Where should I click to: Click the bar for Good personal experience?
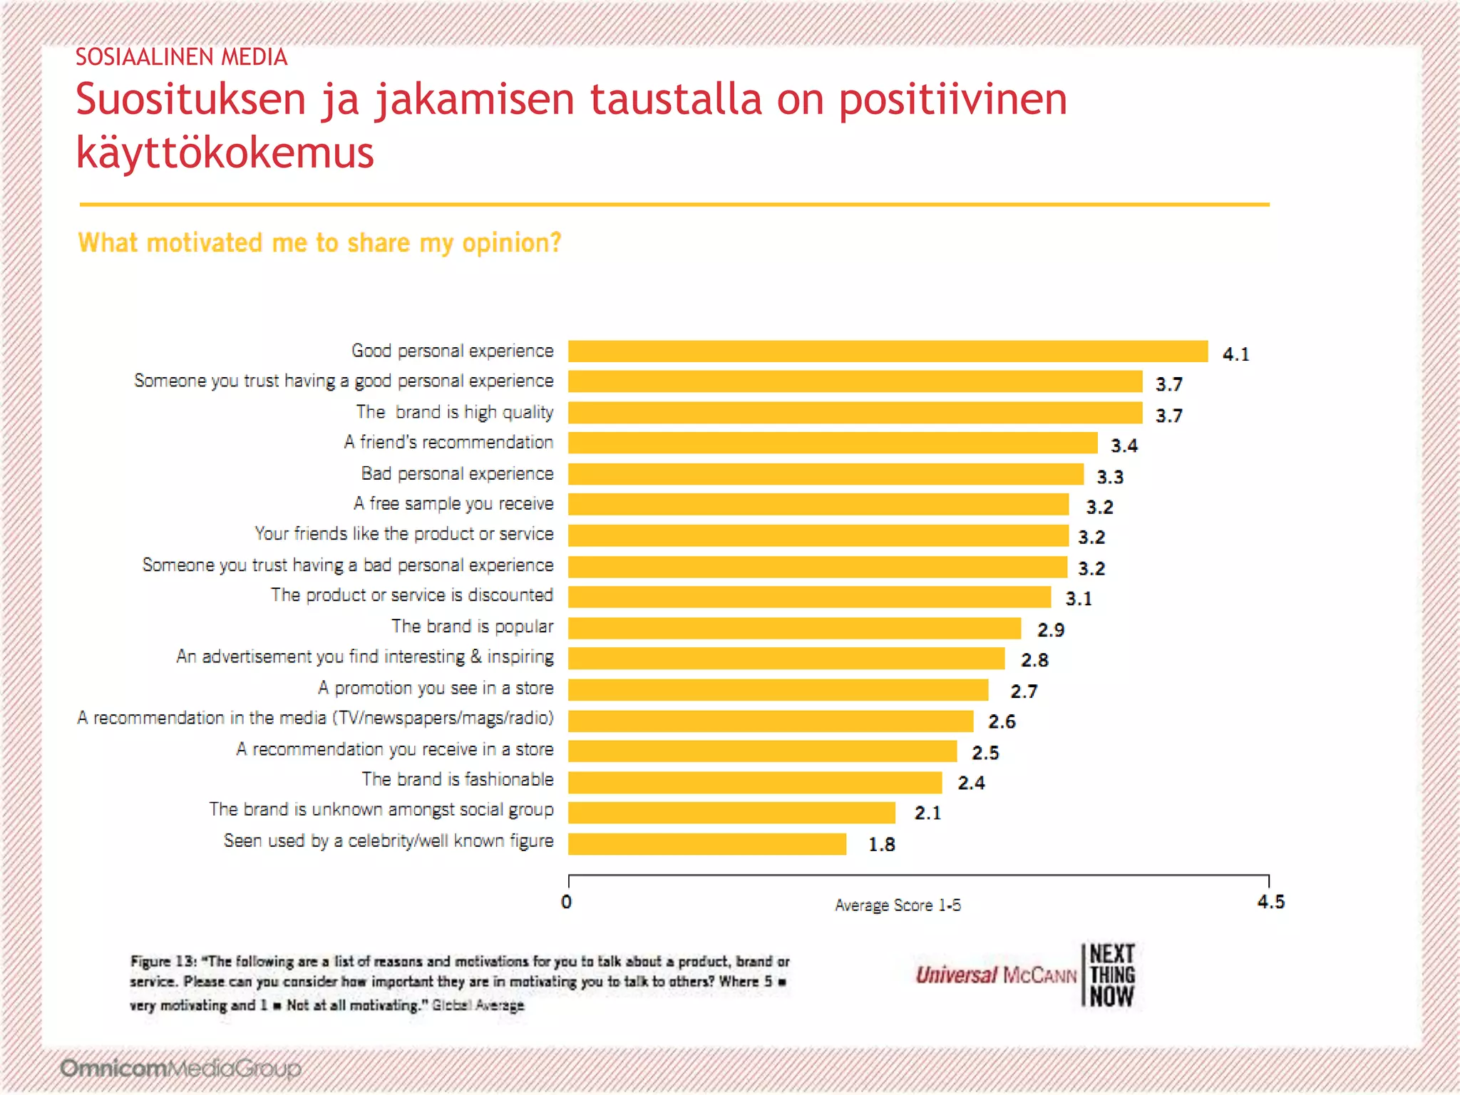click(x=888, y=351)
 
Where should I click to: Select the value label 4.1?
click(x=1235, y=354)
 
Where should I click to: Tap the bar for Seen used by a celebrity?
click(x=707, y=844)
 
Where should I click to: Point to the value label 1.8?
click(x=881, y=845)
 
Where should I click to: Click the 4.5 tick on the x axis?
click(x=1270, y=902)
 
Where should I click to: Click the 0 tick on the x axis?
click(x=567, y=902)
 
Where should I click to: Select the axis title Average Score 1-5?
click(x=898, y=905)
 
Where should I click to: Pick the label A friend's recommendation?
click(x=448, y=443)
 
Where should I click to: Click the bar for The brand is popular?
click(x=794, y=628)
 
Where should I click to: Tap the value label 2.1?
click(x=927, y=813)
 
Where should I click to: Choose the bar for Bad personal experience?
click(x=826, y=474)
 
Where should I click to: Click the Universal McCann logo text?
click(x=995, y=975)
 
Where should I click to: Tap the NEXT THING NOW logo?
click(x=1111, y=975)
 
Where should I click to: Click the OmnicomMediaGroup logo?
click(x=180, y=1068)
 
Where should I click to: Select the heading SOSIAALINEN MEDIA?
click(x=181, y=57)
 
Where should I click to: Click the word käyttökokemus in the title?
click(x=225, y=153)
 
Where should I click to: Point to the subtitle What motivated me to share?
click(x=319, y=243)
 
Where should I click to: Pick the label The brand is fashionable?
click(x=457, y=779)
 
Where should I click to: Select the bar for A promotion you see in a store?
click(x=778, y=690)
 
